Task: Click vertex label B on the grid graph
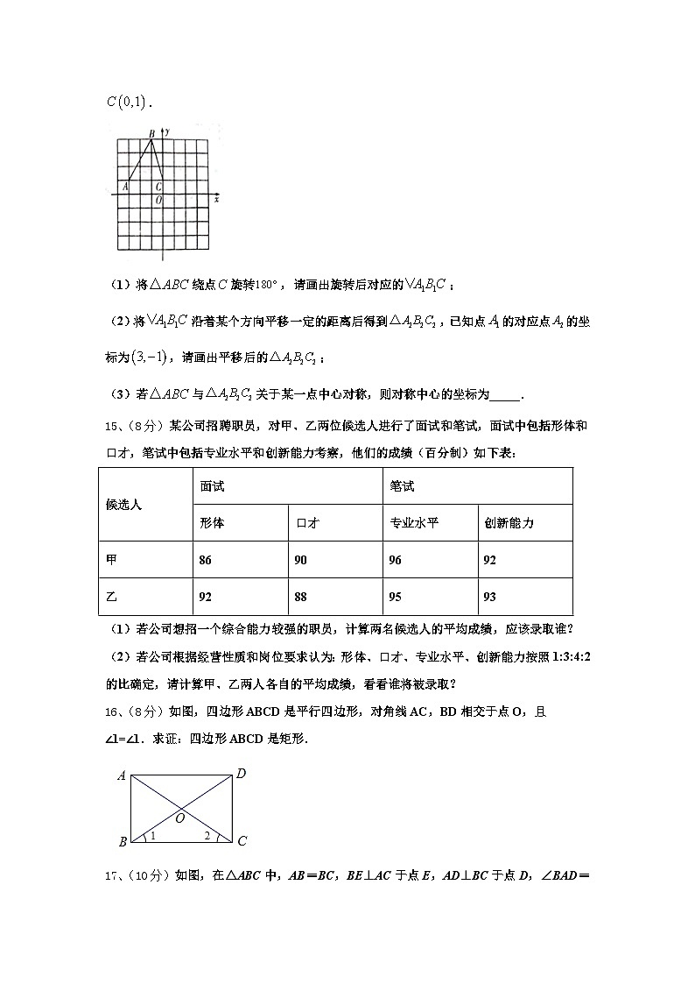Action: (151, 134)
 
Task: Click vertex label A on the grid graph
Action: (126, 186)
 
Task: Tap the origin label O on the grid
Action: (158, 201)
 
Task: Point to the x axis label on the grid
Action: (215, 200)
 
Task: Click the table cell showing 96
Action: (430, 560)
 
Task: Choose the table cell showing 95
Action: (430, 597)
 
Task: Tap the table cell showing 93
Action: (525, 597)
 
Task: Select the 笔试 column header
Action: (478, 486)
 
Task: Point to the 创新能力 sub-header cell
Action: (525, 523)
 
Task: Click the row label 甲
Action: (145, 560)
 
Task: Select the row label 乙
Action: (145, 597)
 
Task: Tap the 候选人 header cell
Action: (145, 505)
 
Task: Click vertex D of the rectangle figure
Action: (241, 774)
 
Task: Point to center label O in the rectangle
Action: (179, 818)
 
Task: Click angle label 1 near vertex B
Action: (152, 836)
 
